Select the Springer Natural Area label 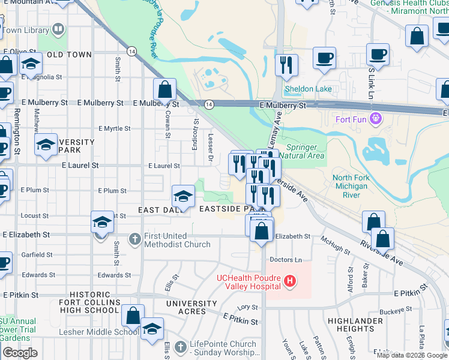click(306, 151)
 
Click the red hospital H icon click(290, 280)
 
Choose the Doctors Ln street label click(286, 259)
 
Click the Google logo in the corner click(20, 352)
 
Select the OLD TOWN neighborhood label click(69, 55)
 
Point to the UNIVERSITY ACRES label click(191, 307)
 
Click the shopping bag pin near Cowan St click(164, 90)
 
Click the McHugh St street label click(335, 243)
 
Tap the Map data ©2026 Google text click(412, 355)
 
